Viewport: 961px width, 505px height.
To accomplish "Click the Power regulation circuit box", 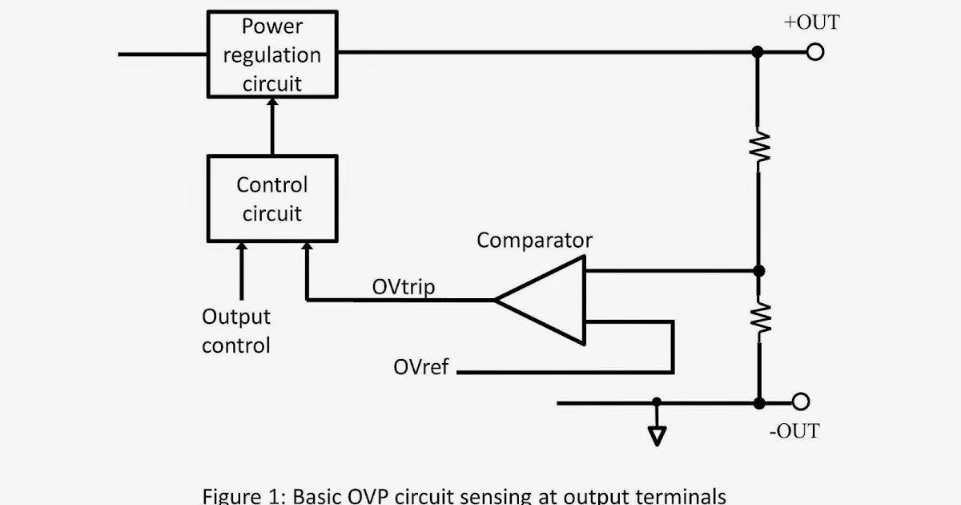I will click(x=272, y=54).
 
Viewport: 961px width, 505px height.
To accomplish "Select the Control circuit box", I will click(x=272, y=199).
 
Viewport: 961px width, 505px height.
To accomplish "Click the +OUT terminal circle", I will click(x=815, y=53).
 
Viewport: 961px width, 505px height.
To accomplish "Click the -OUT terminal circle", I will click(x=800, y=402).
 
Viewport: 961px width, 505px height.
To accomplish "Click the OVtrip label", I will click(x=404, y=287).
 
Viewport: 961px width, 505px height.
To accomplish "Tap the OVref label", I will click(x=421, y=367).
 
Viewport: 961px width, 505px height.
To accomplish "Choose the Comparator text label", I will click(x=534, y=240).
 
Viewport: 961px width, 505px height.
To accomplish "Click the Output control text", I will click(x=236, y=331).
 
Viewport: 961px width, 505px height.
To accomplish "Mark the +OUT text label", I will click(x=811, y=22).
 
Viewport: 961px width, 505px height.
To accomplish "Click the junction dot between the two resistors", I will click(x=758, y=271).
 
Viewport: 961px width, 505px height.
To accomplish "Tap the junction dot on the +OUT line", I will click(x=758, y=53).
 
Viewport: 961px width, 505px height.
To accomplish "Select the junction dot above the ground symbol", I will click(x=657, y=402).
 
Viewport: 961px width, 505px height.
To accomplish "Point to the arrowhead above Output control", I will click(x=239, y=248).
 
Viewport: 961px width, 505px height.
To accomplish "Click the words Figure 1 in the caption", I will click(x=239, y=495).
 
